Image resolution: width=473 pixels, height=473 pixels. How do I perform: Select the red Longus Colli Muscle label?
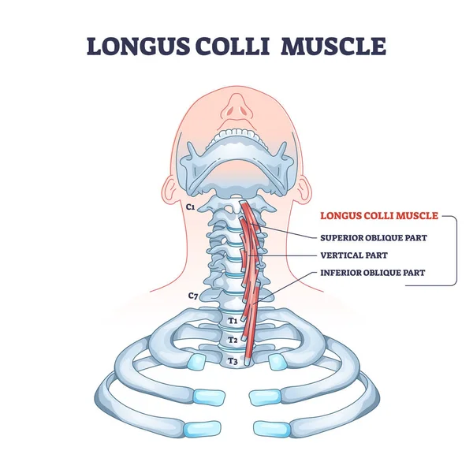pyautogui.click(x=378, y=214)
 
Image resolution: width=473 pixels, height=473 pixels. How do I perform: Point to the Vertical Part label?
pyautogui.click(x=353, y=255)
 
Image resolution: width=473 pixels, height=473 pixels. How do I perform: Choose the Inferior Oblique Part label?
pyautogui.click(x=373, y=274)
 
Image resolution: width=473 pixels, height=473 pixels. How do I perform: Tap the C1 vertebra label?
pyautogui.click(x=189, y=207)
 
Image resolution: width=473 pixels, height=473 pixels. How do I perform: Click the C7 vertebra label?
pyautogui.click(x=192, y=296)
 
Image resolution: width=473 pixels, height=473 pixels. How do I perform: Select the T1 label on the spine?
pyautogui.click(x=233, y=321)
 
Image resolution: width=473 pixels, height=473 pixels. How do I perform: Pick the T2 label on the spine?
pyautogui.click(x=233, y=340)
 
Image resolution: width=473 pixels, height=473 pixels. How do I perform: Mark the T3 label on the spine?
pyautogui.click(x=233, y=360)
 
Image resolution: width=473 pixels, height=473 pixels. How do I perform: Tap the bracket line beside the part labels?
pyautogui.click(x=456, y=252)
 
